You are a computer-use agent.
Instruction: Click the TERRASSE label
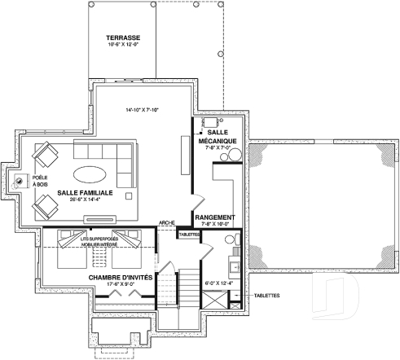[x=123, y=37]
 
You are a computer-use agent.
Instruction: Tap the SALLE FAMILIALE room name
[x=85, y=193]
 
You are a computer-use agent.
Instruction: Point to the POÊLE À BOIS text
[x=40, y=180]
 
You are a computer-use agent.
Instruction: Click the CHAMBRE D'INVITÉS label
[x=122, y=278]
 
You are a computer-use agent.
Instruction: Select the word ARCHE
[x=169, y=222]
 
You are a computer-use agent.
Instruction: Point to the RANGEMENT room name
[x=215, y=217]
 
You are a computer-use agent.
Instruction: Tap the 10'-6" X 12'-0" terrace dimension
[x=123, y=46]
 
